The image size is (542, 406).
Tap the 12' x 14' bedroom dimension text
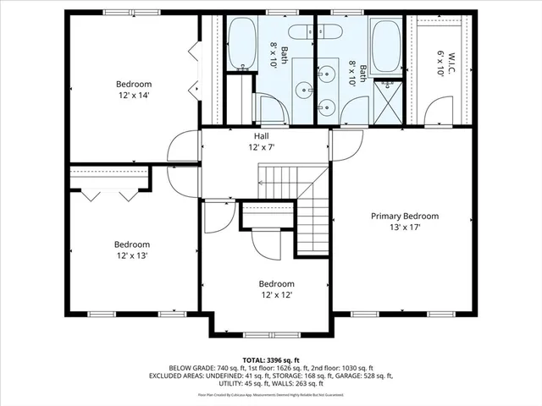134,96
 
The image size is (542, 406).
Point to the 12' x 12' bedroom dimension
276,295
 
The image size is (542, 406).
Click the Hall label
263,135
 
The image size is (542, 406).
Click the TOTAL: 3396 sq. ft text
270,359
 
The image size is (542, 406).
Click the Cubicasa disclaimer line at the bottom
270,394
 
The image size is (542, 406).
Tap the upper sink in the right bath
327,75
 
